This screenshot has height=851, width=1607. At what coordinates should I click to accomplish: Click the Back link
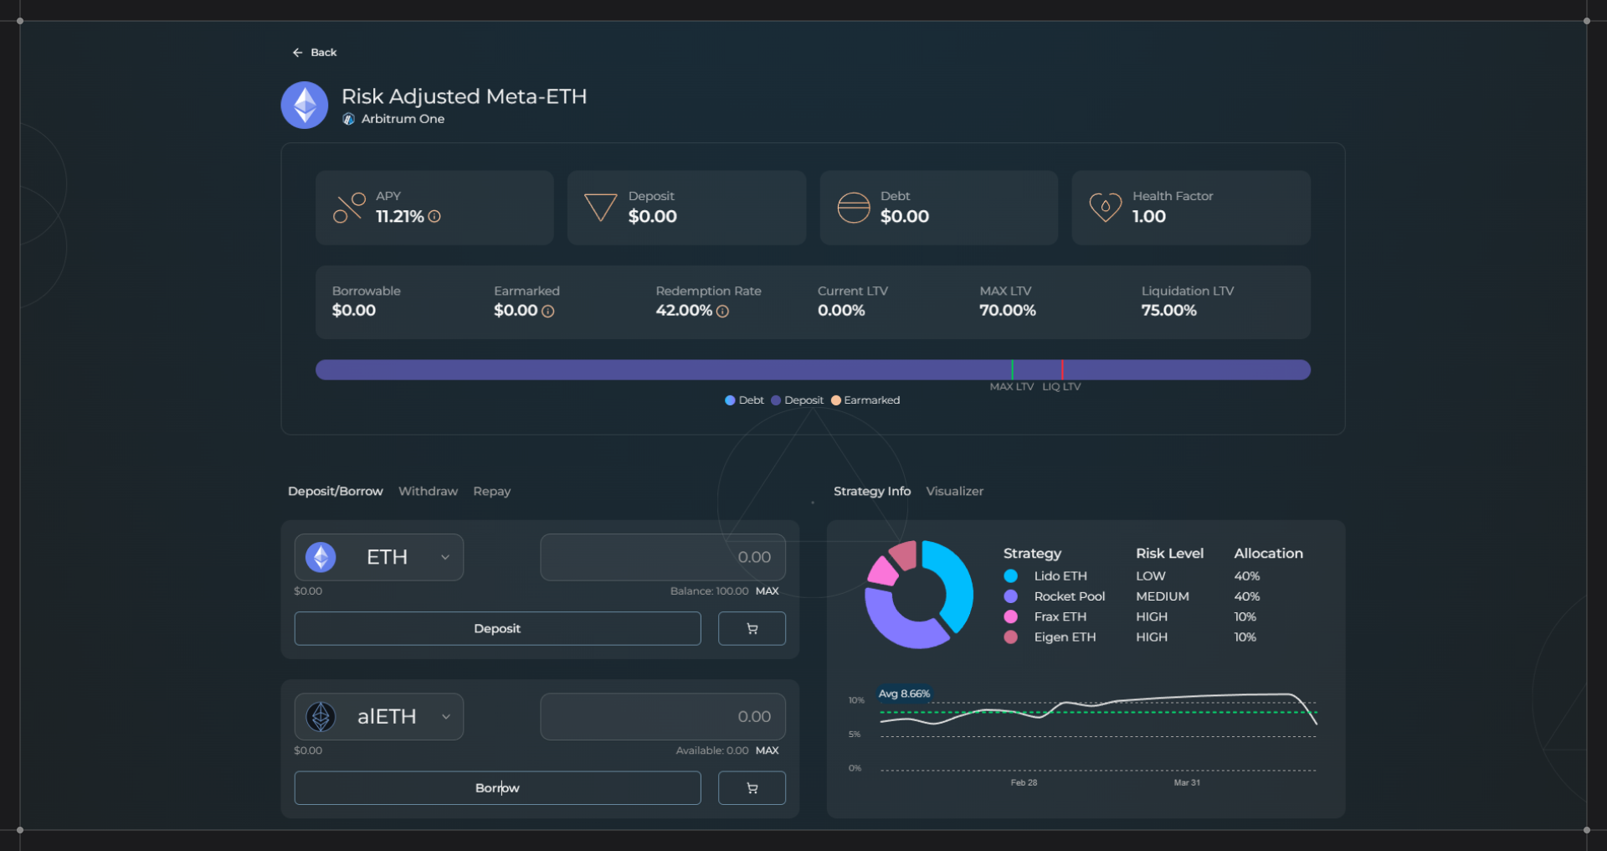click(315, 53)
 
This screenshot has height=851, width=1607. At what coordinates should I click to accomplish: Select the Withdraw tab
click(428, 492)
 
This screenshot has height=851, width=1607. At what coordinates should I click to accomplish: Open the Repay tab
click(491, 492)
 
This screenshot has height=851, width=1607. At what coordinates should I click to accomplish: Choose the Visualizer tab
click(954, 492)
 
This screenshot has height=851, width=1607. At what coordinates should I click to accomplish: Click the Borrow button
click(497, 788)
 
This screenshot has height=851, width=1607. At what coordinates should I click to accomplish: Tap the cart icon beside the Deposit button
click(752, 629)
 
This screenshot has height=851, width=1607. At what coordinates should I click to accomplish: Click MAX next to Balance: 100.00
click(767, 591)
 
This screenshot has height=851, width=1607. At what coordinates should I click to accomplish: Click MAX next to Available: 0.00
click(767, 750)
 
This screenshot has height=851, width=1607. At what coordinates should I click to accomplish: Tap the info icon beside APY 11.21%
click(434, 217)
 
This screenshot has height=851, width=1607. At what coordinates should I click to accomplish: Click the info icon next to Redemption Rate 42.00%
click(722, 312)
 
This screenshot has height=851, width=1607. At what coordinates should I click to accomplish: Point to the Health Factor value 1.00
click(1148, 217)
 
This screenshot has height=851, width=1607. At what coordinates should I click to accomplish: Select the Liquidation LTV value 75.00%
click(1168, 311)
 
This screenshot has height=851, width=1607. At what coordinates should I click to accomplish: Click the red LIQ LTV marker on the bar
click(1062, 369)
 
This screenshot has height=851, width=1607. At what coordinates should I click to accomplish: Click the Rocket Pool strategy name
click(1069, 596)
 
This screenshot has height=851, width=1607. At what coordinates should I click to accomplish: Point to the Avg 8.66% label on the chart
click(904, 694)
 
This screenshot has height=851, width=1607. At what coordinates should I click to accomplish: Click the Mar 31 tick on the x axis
click(1186, 782)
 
